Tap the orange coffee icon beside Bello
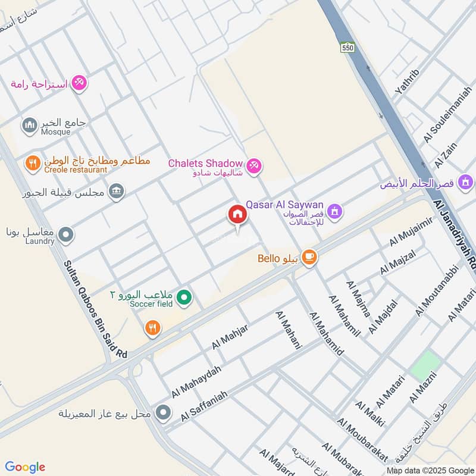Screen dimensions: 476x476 pyautogui.click(x=309, y=257)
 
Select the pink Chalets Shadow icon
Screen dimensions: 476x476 pyautogui.click(x=254, y=165)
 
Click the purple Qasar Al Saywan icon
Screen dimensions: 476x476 pyautogui.click(x=336, y=211)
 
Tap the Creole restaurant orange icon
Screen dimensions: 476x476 pyautogui.click(x=32, y=162)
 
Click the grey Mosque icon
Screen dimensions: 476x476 pyautogui.click(x=29, y=126)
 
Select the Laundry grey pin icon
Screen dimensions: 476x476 pyautogui.click(x=67, y=235)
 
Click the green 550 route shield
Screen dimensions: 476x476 pyautogui.click(x=348, y=46)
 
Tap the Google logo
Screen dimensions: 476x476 pyautogui.click(x=24, y=467)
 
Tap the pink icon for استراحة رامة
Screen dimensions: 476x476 pyautogui.click(x=79, y=83)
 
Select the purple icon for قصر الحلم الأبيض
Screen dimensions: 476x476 pyautogui.click(x=466, y=181)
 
